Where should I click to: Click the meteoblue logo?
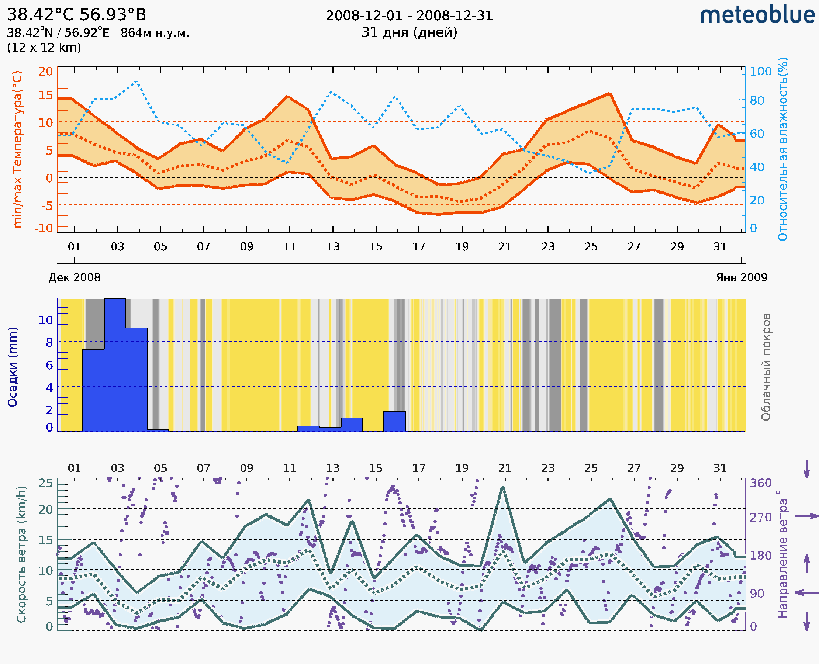point(757,15)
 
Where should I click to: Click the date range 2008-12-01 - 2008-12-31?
point(409,16)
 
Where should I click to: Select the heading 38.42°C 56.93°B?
point(76,15)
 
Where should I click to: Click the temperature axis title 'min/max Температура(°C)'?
point(18,149)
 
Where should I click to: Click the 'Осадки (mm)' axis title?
point(13,367)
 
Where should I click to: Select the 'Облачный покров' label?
point(766,367)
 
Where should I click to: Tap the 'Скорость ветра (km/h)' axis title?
point(21,554)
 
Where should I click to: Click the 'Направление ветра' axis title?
point(783,554)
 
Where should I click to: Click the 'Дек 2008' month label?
point(74,277)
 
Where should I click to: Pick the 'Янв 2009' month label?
point(742,277)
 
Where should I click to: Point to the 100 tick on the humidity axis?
point(760,71)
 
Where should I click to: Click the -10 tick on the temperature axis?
point(44,228)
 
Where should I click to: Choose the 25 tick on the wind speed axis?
point(45,483)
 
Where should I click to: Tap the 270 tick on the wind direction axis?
point(760,517)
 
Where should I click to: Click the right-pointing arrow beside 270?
point(806,516)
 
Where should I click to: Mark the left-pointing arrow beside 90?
point(806,592)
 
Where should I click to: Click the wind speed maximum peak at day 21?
point(502,487)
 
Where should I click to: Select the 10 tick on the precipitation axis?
point(45,320)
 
